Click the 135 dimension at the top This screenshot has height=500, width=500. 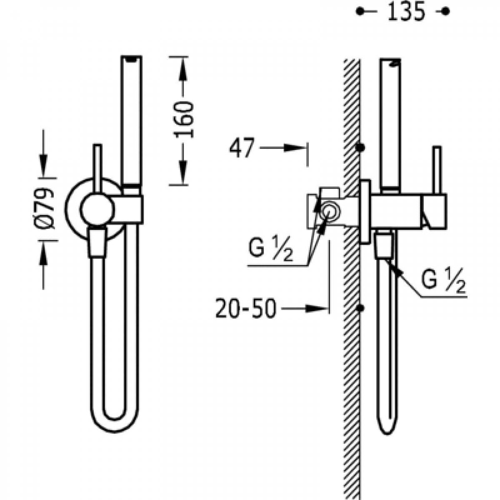tap(407, 12)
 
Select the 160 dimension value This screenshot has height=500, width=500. tap(183, 119)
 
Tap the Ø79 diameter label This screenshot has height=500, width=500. tap(44, 209)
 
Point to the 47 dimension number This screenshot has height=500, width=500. tap(242, 147)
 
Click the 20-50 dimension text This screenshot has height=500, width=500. tap(246, 308)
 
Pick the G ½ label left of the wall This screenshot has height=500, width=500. tap(271, 249)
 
